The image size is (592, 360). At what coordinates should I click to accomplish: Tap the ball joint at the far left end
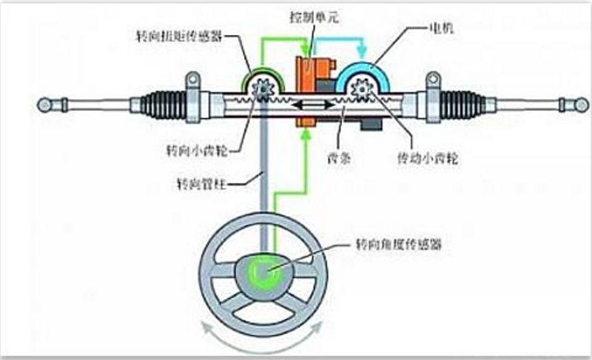pyautogui.click(x=44, y=105)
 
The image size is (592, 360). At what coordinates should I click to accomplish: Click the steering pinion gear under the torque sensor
pyautogui.click(x=266, y=87)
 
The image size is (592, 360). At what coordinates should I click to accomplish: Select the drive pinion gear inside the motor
pyautogui.click(x=362, y=87)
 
